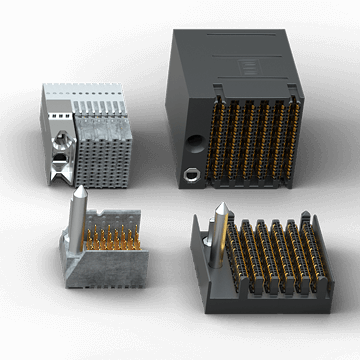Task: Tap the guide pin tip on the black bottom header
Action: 220,208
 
